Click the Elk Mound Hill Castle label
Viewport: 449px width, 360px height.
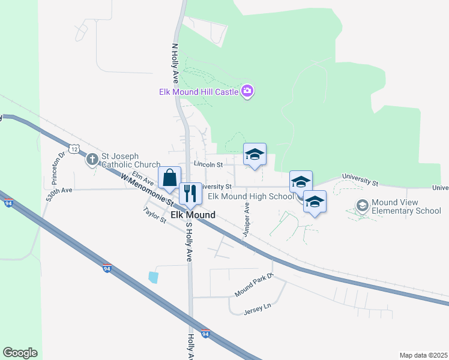pyautogui.click(x=198, y=92)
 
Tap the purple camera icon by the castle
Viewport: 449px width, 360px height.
pyautogui.click(x=247, y=91)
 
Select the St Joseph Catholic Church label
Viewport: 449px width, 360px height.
pyautogui.click(x=130, y=160)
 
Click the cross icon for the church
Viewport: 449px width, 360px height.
pyautogui.click(x=92, y=159)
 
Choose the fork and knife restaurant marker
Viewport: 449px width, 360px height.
pyautogui.click(x=190, y=193)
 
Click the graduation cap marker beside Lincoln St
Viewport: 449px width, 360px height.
pyautogui.click(x=255, y=154)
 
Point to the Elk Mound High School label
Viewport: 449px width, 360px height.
pyautogui.click(x=251, y=196)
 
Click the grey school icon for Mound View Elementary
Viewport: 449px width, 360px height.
pyautogui.click(x=362, y=206)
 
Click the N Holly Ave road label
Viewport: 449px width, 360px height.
pyautogui.click(x=175, y=62)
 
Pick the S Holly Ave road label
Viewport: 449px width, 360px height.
pyautogui.click(x=189, y=242)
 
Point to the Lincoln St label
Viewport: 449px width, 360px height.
pyautogui.click(x=208, y=164)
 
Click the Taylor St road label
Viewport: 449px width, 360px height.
pyautogui.click(x=154, y=215)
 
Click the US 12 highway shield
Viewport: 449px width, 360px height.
pyautogui.click(x=73, y=148)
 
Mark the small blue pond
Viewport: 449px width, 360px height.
pyautogui.click(x=154, y=277)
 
